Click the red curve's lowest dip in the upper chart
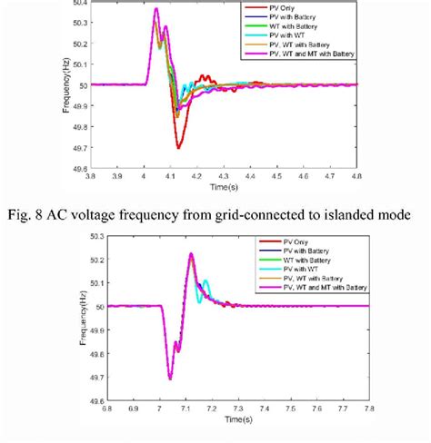(178, 147)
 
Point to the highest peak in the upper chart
(156, 9)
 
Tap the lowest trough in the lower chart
(169, 378)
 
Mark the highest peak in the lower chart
(192, 254)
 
